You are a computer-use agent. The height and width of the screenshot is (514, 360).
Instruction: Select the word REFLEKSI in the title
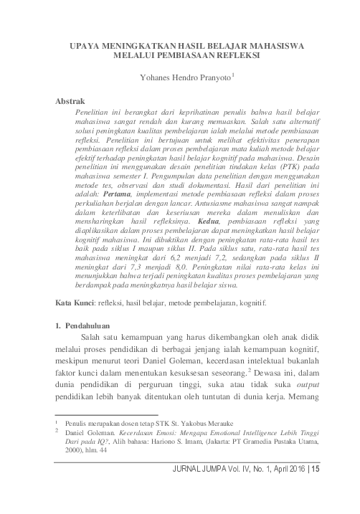pos(234,54)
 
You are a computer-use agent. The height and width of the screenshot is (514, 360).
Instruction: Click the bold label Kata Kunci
pos(75,323)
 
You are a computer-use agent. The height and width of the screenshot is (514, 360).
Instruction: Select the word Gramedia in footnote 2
pos(273,444)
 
